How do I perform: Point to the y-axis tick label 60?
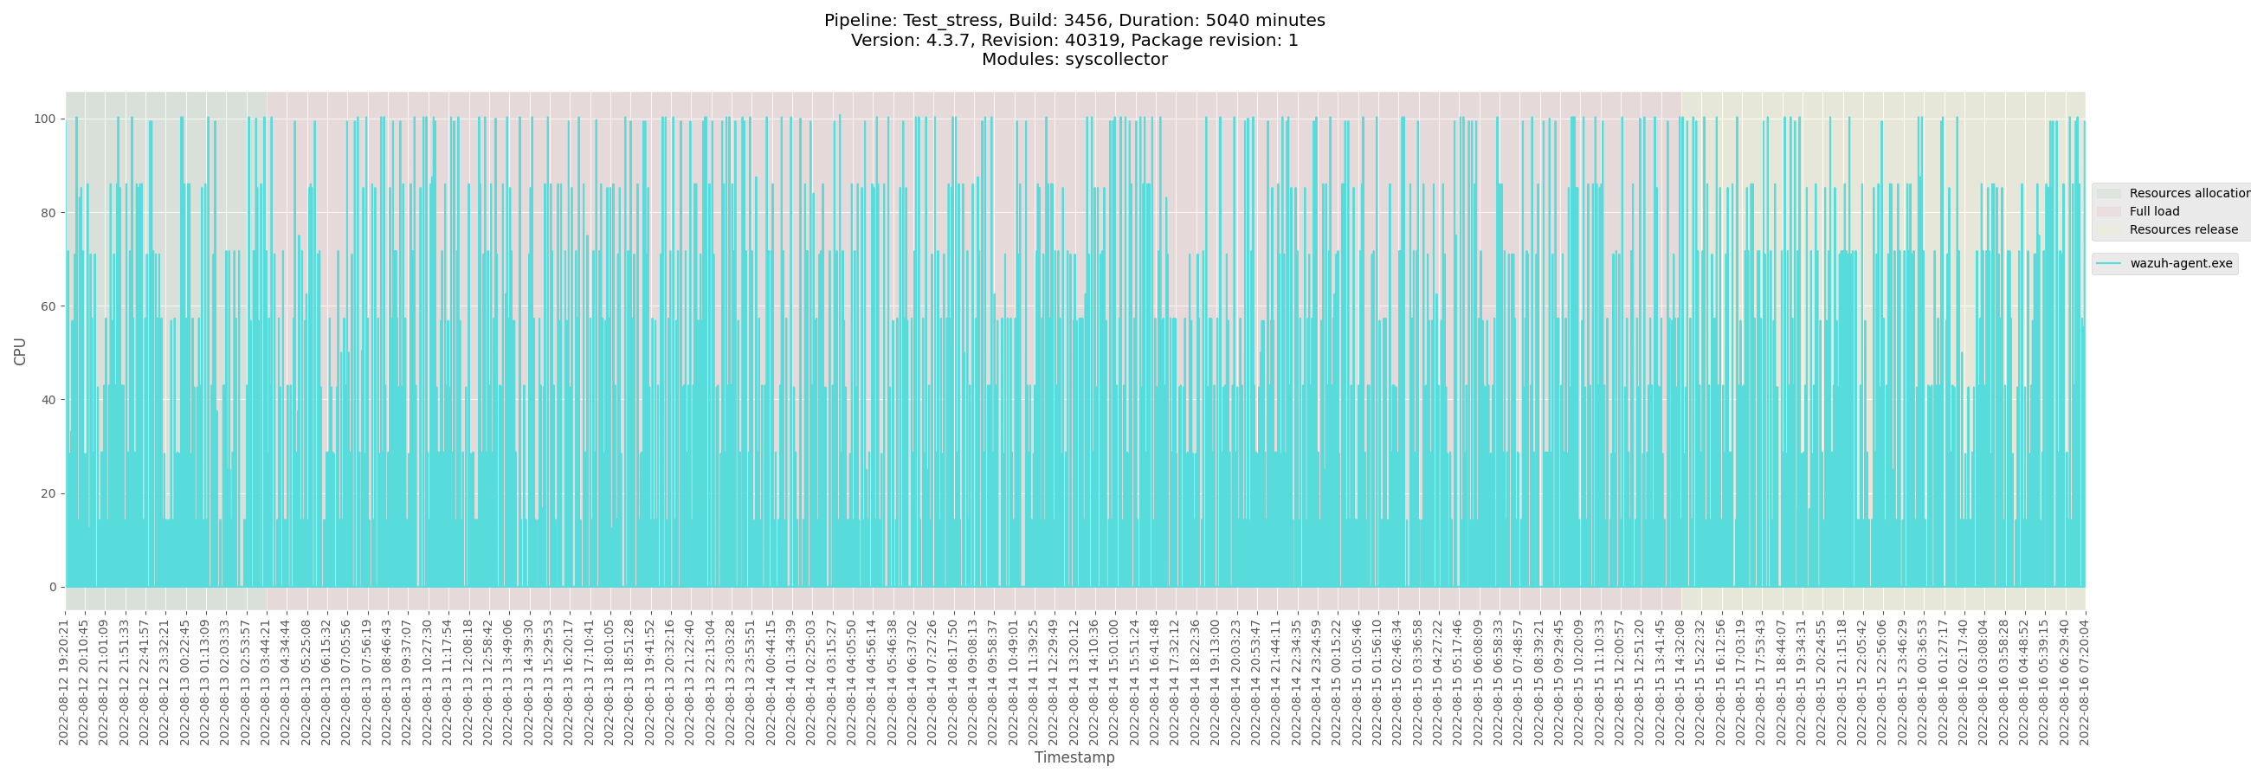pyautogui.click(x=48, y=306)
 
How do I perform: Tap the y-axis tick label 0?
pyautogui.click(x=52, y=587)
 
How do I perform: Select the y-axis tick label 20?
pyautogui.click(x=48, y=493)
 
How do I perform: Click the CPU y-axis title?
pyautogui.click(x=20, y=351)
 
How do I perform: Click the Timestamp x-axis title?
pyautogui.click(x=1074, y=757)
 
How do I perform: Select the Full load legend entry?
pyautogui.click(x=2154, y=211)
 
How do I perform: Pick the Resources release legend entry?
pyautogui.click(x=2183, y=229)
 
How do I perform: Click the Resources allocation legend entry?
pyautogui.click(x=2189, y=193)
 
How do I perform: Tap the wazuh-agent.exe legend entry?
pyautogui.click(x=2180, y=263)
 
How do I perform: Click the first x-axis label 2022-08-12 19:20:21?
pyautogui.click(x=64, y=678)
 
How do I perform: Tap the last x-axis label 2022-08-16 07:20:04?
pyautogui.click(x=2084, y=678)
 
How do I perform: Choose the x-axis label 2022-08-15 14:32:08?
pyautogui.click(x=1680, y=678)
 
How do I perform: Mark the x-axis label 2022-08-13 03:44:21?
pyautogui.click(x=266, y=678)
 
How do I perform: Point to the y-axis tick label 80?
pyautogui.click(x=48, y=212)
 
